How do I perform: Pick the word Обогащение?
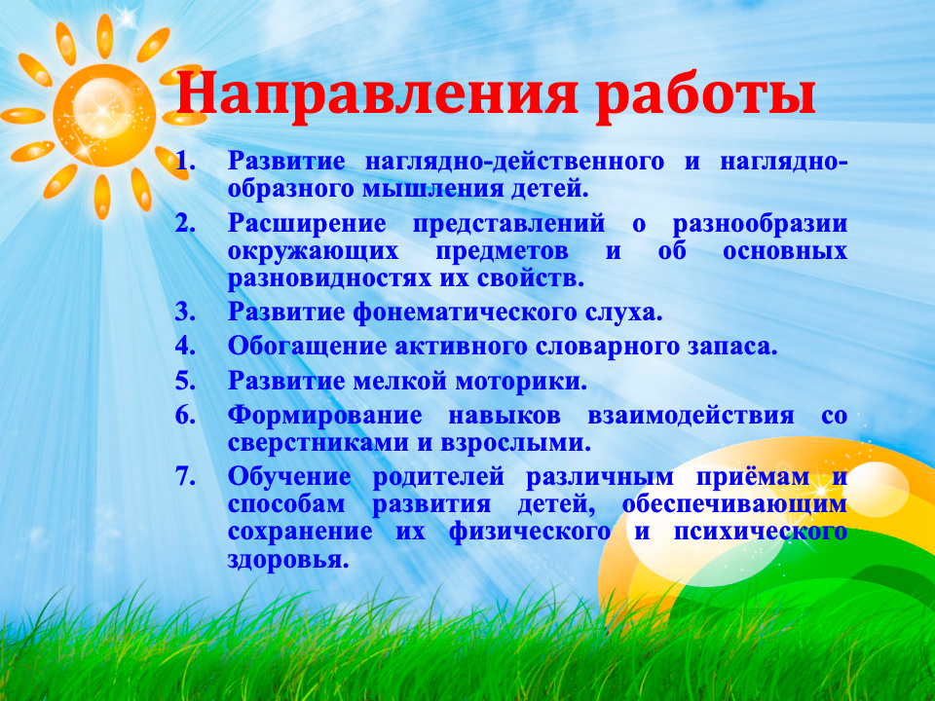pyautogui.click(x=307, y=348)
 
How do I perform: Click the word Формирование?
pyautogui.click(x=326, y=417)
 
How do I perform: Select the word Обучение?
pyautogui.click(x=287, y=479)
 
